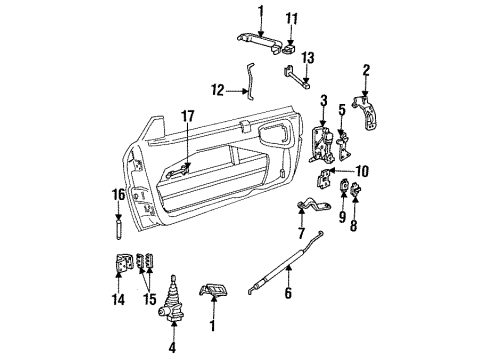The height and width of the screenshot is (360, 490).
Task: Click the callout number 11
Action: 291,18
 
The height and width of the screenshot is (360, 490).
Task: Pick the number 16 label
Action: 118,196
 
